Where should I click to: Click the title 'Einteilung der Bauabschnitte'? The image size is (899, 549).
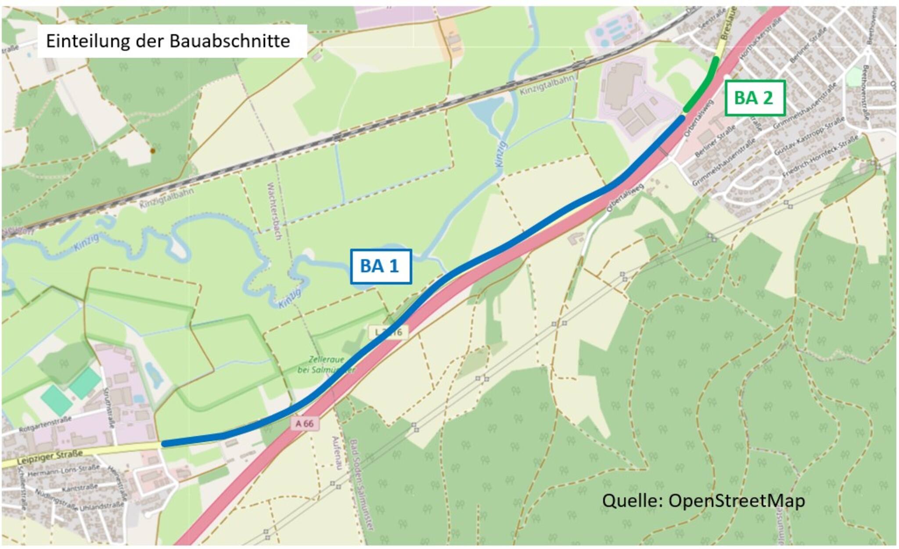click(168, 41)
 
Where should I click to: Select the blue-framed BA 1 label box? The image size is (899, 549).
click(380, 266)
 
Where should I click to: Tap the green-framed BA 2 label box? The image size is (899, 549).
click(753, 98)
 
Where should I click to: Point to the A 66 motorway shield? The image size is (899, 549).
click(305, 423)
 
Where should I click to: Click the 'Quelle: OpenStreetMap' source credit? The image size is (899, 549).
click(703, 501)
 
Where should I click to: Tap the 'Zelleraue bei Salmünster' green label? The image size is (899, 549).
click(326, 365)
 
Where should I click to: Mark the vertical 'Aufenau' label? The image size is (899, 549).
click(337, 453)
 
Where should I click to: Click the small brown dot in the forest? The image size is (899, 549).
click(153, 151)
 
